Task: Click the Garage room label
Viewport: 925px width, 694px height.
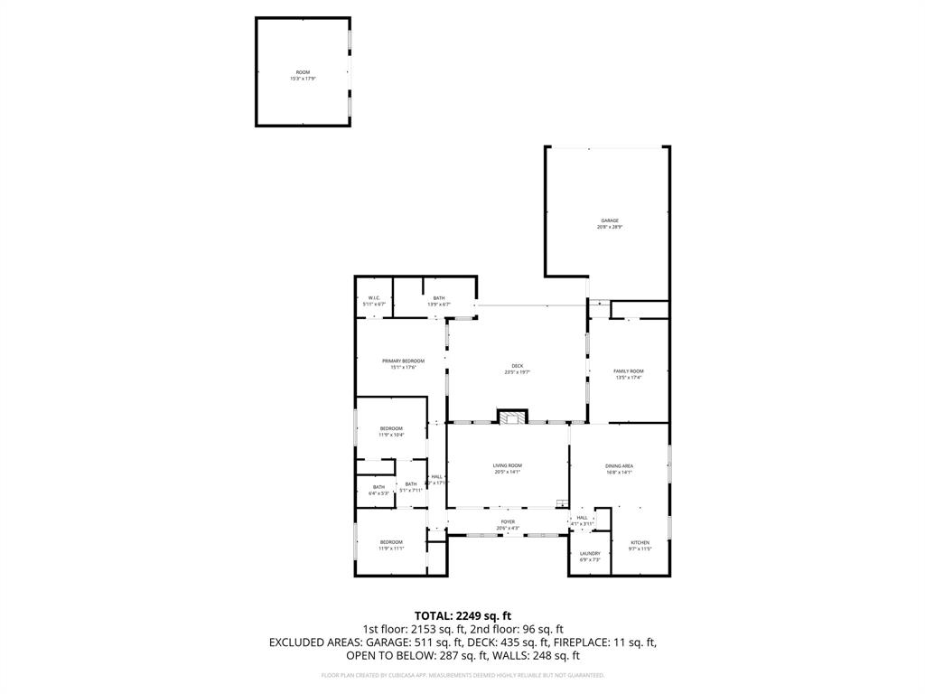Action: [x=609, y=223]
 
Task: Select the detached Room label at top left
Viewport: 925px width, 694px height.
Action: [x=303, y=75]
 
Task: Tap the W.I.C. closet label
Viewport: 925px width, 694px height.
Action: [x=374, y=301]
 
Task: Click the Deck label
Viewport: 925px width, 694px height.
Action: [x=517, y=369]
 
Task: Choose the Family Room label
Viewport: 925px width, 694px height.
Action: [x=629, y=374]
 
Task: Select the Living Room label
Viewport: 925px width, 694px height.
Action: [x=507, y=468]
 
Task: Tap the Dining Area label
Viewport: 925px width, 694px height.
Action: [x=619, y=468]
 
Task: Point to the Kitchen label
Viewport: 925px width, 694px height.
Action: [x=640, y=546]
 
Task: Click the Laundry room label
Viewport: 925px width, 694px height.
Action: [x=590, y=556]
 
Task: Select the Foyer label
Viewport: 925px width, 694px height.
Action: [x=508, y=524]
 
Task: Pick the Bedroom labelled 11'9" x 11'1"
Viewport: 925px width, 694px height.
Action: [x=391, y=546]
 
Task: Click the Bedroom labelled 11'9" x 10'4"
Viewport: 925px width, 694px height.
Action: [x=391, y=431]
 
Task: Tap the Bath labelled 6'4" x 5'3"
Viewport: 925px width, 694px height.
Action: [x=378, y=490]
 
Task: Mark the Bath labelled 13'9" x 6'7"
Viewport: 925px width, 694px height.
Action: [x=439, y=301]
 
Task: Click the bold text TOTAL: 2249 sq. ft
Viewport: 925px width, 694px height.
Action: [x=462, y=615]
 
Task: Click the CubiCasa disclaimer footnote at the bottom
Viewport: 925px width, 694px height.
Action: [x=462, y=675]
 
